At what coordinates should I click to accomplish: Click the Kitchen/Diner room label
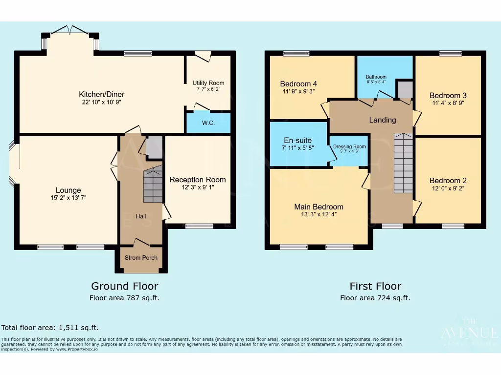click(x=102, y=94)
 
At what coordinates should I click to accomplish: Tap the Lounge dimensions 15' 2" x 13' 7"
click(x=68, y=198)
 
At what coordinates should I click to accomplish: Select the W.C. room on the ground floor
click(x=208, y=123)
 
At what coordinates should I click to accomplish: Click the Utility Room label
click(x=208, y=83)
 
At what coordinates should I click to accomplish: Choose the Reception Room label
click(x=198, y=180)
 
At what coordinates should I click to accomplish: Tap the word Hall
click(x=141, y=216)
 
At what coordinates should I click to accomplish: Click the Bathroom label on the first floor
click(x=376, y=77)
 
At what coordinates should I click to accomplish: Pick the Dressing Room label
click(x=349, y=146)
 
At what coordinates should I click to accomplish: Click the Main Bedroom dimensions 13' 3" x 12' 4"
click(x=319, y=214)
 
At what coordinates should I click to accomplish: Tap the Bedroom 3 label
click(x=445, y=95)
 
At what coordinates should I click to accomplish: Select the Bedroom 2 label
click(x=445, y=180)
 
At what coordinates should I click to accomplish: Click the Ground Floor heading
click(x=125, y=286)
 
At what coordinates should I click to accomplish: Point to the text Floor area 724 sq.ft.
click(x=375, y=298)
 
